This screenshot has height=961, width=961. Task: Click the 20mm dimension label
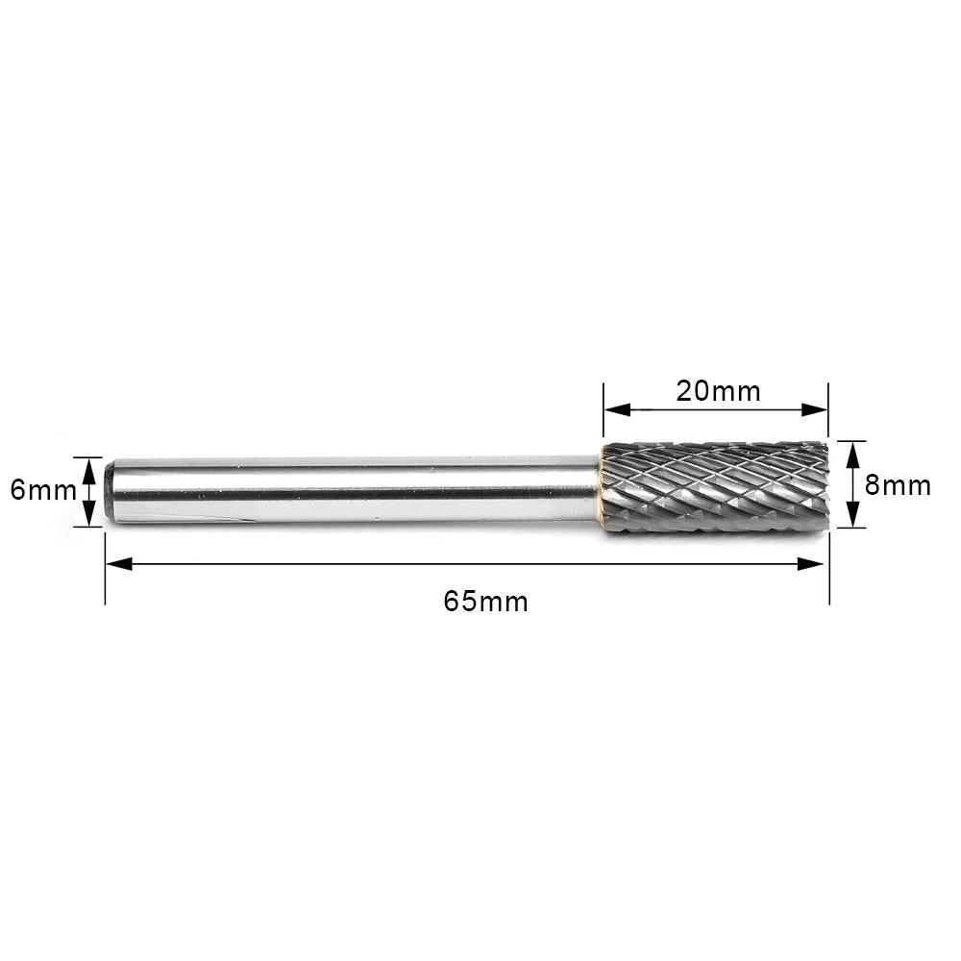(718, 391)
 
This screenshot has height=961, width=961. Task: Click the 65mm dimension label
(485, 602)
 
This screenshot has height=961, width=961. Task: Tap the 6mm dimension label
(42, 490)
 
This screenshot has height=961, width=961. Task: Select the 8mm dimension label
(898, 484)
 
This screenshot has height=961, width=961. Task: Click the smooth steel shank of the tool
(356, 490)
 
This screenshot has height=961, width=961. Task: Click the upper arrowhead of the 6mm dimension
(88, 467)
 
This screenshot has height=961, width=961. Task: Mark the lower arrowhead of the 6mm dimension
(88, 516)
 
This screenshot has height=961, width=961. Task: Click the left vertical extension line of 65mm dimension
(105, 577)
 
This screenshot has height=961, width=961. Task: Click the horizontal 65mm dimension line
(384, 564)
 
